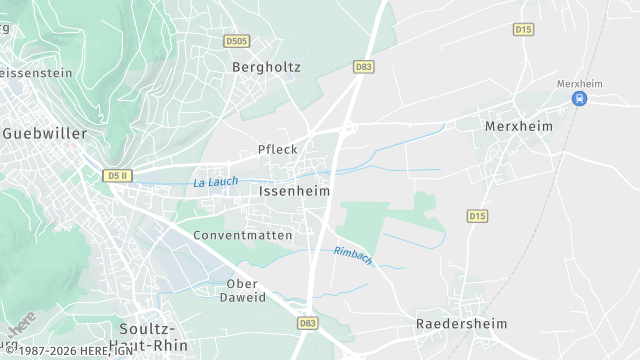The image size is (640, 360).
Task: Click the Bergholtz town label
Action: point(266,68)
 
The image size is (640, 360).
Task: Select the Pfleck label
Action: point(278,150)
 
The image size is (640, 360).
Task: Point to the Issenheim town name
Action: point(294,190)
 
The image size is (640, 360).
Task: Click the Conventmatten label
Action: point(243,236)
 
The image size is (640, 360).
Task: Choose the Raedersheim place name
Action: point(461,324)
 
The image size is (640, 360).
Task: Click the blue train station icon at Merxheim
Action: point(580,98)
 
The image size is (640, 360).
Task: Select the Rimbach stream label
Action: point(353,255)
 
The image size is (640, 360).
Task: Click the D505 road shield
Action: point(236,41)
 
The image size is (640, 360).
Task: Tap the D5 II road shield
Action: point(117,176)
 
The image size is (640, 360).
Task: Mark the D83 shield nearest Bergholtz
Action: point(364,67)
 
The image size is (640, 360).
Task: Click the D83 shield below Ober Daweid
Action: point(308,323)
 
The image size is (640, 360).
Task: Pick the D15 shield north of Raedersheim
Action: point(477,216)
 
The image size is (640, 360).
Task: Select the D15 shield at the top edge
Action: point(523,30)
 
